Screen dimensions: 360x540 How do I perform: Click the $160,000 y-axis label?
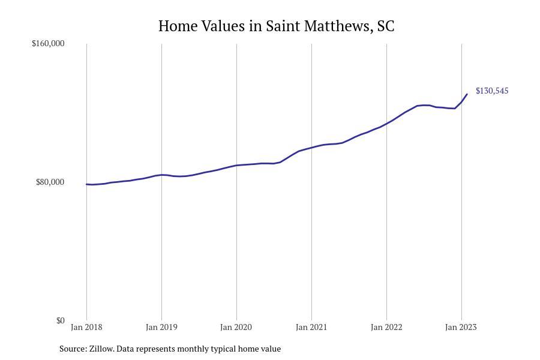coord(48,43)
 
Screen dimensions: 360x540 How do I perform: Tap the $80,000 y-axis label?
coord(50,182)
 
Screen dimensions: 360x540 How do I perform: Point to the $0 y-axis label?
coord(60,320)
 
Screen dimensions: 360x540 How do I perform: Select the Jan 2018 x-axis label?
coord(86,327)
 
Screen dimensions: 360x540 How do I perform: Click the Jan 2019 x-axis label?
coord(161,327)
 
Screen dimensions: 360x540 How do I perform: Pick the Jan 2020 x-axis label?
coord(236,327)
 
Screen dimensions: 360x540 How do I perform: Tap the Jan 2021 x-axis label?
coord(311,327)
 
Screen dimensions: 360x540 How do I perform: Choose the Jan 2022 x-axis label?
coord(386,327)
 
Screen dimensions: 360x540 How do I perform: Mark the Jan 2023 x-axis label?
coord(461,327)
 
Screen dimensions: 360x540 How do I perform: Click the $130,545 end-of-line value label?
coord(492,91)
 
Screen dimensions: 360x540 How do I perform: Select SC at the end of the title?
coord(386,26)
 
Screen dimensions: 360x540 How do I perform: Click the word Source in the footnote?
coord(73,349)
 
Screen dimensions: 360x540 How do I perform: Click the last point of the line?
coord(467,94)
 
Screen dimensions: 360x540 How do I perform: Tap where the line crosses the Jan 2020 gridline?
coord(236,165)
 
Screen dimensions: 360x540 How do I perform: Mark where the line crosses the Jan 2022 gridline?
coord(386,124)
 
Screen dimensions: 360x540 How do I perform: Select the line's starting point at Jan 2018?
coord(86,184)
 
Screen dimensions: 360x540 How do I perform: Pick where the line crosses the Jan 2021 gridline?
coord(311,147)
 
